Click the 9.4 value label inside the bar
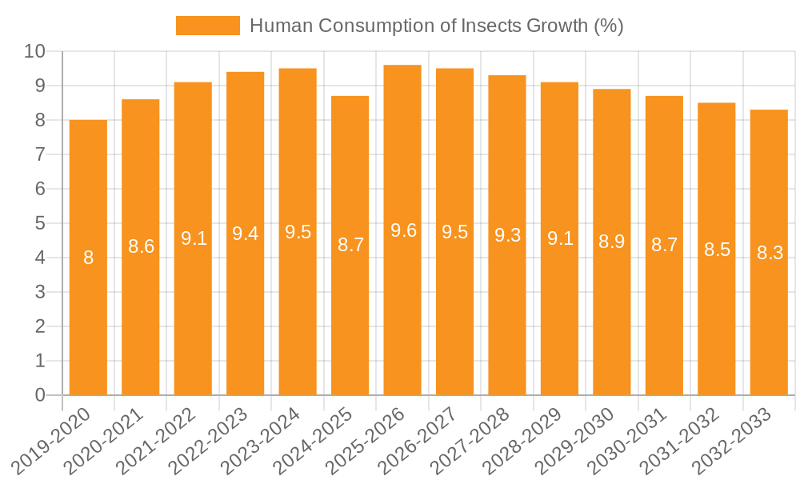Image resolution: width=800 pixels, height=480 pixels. click(x=245, y=234)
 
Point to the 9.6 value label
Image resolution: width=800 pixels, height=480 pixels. click(x=403, y=230)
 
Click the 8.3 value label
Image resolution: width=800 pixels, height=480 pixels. click(x=770, y=253)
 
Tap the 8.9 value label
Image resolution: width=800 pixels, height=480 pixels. click(x=612, y=242)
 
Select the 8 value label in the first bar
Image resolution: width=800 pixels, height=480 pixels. click(x=89, y=258)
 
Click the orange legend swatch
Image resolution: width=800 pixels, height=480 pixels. click(x=208, y=26)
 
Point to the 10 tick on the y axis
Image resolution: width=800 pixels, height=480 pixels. click(x=34, y=52)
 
